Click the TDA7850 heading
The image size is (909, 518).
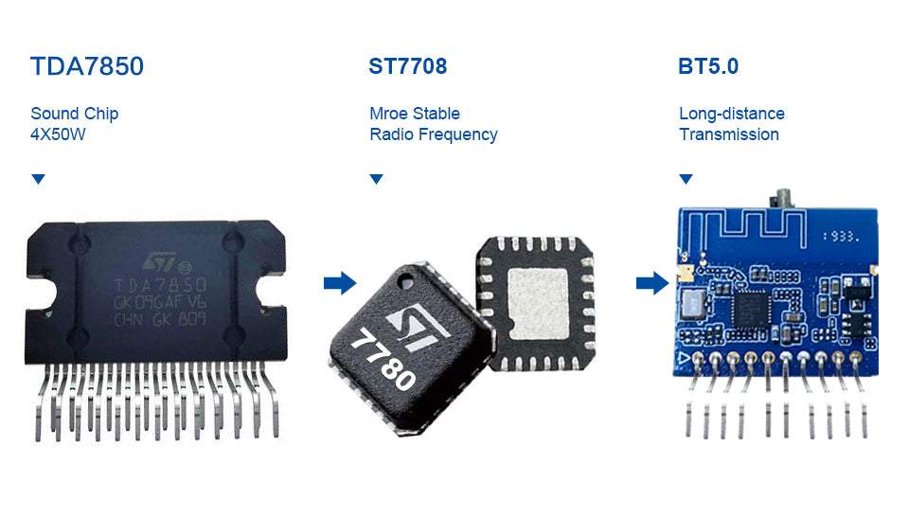87,67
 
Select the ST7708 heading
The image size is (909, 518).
407,66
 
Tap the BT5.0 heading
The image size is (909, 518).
708,66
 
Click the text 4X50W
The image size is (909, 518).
60,134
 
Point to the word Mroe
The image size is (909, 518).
388,114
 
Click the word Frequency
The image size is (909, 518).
457,134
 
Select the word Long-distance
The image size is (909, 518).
732,114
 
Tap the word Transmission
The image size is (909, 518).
729,134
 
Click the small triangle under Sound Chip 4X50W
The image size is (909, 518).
38,179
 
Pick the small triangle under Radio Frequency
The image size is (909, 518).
376,179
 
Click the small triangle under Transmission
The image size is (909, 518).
686,179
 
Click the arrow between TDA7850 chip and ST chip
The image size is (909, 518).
339,282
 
